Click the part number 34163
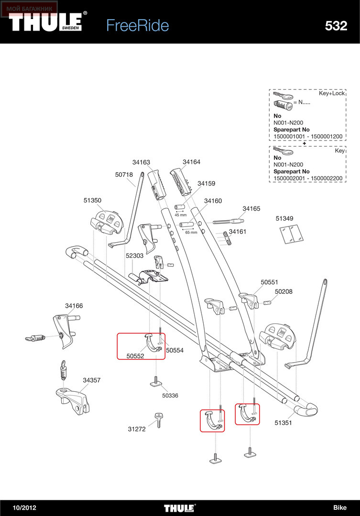141,162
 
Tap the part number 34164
191,162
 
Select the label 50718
124,175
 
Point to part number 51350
92,200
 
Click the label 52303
134,256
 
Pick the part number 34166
74,306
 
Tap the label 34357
92,380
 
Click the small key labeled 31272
159,420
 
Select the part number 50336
170,396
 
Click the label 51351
283,423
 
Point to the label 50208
284,291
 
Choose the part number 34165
251,209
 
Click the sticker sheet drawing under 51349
292,234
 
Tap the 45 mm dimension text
181,215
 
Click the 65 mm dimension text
191,232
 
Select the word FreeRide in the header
138,26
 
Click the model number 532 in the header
336,26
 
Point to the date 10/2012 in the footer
24,508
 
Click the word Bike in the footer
340,508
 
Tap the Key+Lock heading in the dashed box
331,94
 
